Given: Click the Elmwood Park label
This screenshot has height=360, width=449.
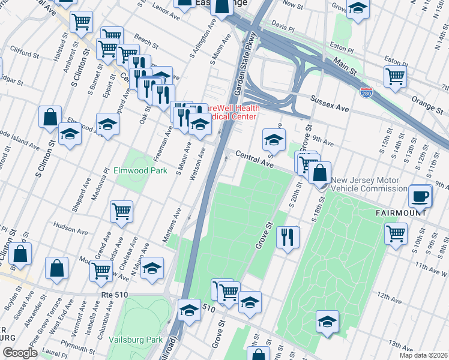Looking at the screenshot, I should [140, 170].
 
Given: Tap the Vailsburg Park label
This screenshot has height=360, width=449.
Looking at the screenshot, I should [136, 340].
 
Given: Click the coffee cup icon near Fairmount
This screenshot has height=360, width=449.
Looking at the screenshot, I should [420, 196].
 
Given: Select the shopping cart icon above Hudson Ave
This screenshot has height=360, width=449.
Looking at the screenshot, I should [121, 211].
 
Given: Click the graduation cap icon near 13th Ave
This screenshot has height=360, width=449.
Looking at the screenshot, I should [327, 322].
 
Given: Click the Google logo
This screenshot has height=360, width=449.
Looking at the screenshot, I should [19, 353].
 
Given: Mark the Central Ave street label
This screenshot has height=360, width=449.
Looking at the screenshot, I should [254, 158].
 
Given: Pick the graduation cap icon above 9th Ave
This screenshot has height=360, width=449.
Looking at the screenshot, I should [273, 140].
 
